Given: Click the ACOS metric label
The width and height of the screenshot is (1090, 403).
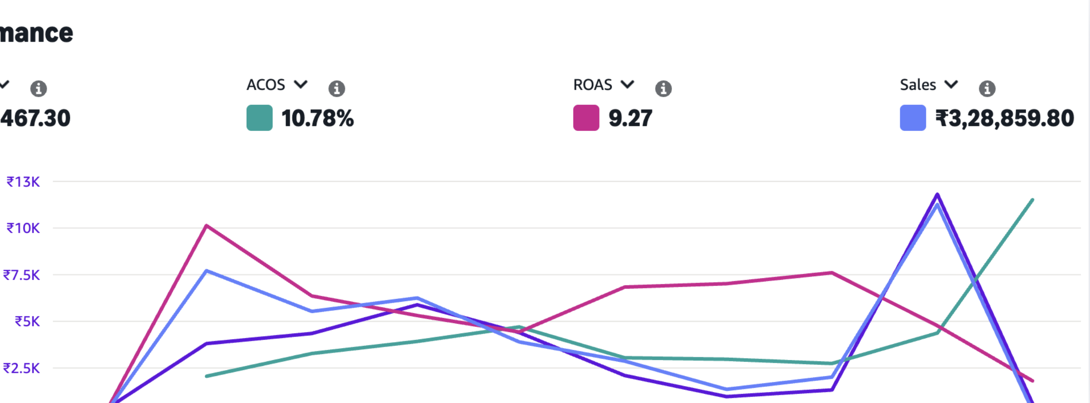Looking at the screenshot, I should (x=266, y=85).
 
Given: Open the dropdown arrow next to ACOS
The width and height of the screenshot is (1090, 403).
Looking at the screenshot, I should (x=301, y=84).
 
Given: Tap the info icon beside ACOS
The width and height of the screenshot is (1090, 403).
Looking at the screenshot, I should (x=336, y=88).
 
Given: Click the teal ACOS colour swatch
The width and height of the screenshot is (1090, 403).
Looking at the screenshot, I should (x=259, y=118).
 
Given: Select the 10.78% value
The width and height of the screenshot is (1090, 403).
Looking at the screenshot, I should (x=318, y=118).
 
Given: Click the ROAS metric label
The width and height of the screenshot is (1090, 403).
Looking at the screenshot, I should (x=593, y=85).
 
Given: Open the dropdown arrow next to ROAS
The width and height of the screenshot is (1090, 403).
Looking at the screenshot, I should (x=628, y=84).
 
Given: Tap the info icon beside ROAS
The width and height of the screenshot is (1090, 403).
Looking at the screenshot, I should (x=663, y=88).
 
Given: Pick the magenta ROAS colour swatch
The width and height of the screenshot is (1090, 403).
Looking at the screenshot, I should (x=586, y=118).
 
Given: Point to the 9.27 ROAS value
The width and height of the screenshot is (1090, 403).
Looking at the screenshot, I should (x=630, y=118).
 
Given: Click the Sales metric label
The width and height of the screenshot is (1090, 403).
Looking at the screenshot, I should (x=918, y=85).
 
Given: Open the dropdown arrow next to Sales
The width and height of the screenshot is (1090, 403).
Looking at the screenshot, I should (x=952, y=84).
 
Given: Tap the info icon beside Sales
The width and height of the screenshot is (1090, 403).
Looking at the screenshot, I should (x=987, y=88).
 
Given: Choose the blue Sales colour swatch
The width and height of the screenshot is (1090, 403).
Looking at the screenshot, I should (x=913, y=118).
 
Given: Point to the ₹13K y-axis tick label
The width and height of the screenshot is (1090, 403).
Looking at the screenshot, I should (x=23, y=182).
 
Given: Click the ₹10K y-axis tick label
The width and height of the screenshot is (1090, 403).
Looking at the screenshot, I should (x=23, y=228).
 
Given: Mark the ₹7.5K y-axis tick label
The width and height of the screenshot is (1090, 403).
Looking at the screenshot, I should (x=22, y=275).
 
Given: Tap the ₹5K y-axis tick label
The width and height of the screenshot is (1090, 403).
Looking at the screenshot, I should (x=27, y=321).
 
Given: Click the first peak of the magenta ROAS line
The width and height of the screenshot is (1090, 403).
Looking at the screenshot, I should (x=207, y=225).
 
